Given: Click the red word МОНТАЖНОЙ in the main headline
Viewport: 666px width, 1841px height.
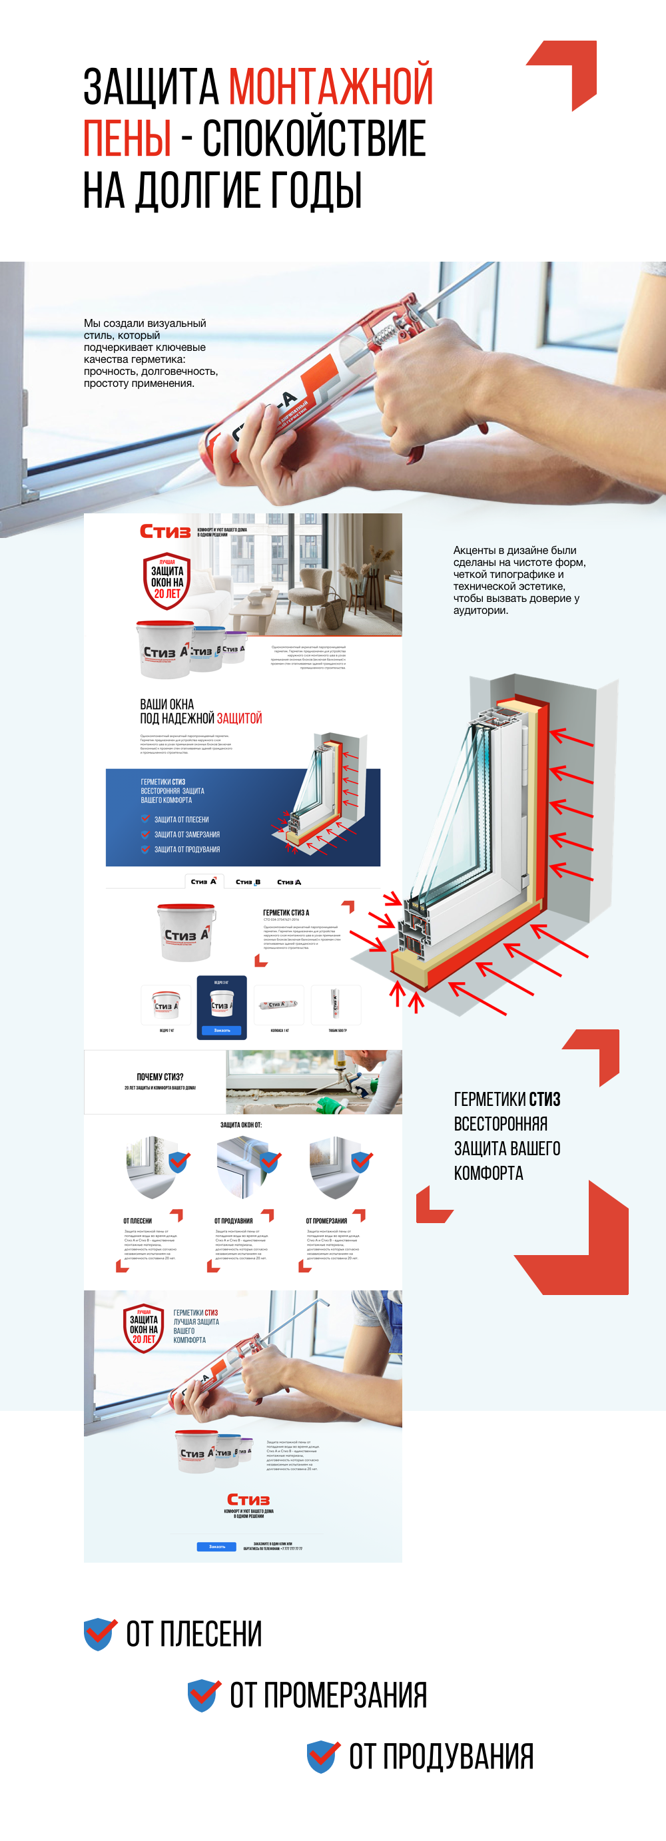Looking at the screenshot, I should coord(330,87).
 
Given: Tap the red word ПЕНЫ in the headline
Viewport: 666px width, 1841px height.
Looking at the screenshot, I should coord(127,138).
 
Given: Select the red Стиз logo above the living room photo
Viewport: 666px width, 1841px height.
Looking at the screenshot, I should coord(165,531).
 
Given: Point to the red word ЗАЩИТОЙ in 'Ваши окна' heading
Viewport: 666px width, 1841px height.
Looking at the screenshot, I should coord(239,718).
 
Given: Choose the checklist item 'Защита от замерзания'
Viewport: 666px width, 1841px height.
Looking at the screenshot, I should coord(186,835).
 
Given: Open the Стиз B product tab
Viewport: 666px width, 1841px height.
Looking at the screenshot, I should coord(248,882).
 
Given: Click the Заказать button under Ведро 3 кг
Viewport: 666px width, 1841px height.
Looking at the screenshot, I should coord(222,1031).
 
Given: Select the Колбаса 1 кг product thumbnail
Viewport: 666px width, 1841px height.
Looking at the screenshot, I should coord(278,1005).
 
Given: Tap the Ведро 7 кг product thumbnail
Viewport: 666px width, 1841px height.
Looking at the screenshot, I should coord(166,1005).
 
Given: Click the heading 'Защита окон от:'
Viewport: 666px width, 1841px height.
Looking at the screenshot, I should coord(241,1125).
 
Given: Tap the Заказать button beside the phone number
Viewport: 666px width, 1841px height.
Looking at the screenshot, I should coord(216,1547).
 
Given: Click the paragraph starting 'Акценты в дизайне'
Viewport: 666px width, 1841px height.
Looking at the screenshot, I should coord(519,580).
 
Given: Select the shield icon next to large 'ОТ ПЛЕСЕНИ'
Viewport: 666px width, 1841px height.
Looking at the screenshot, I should coord(100,1634).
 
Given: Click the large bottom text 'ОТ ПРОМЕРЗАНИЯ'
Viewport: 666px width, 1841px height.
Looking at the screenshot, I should coord(328,1695).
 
